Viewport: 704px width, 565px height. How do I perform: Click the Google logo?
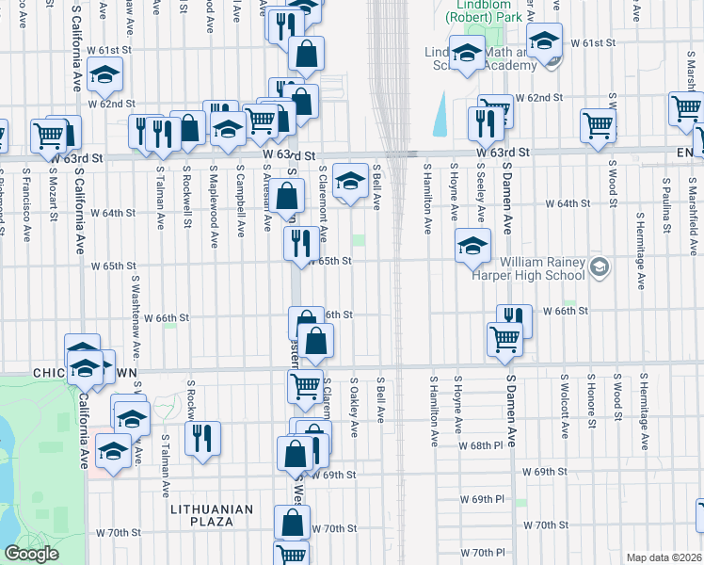coord(31,554)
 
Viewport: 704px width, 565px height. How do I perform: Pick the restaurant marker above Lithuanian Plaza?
coord(202,438)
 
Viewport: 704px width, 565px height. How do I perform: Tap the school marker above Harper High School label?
coord(472,245)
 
